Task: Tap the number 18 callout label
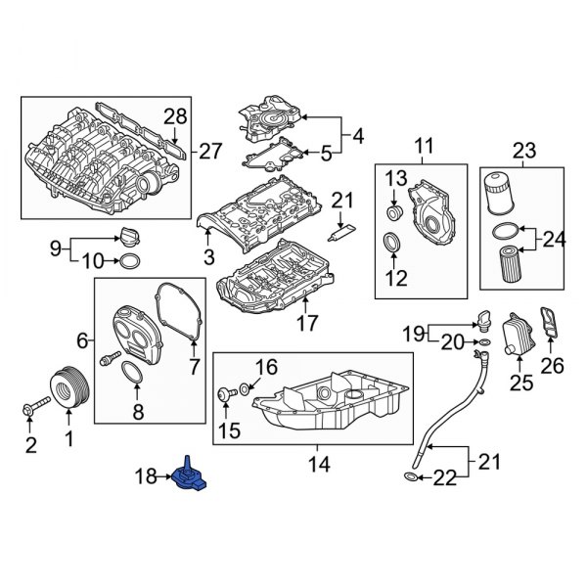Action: (146, 476)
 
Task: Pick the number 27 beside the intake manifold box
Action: (211, 151)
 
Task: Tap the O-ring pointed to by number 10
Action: (128, 261)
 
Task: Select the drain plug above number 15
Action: (225, 393)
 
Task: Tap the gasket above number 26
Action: (553, 324)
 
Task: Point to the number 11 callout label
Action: (423, 148)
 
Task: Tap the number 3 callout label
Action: (207, 257)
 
